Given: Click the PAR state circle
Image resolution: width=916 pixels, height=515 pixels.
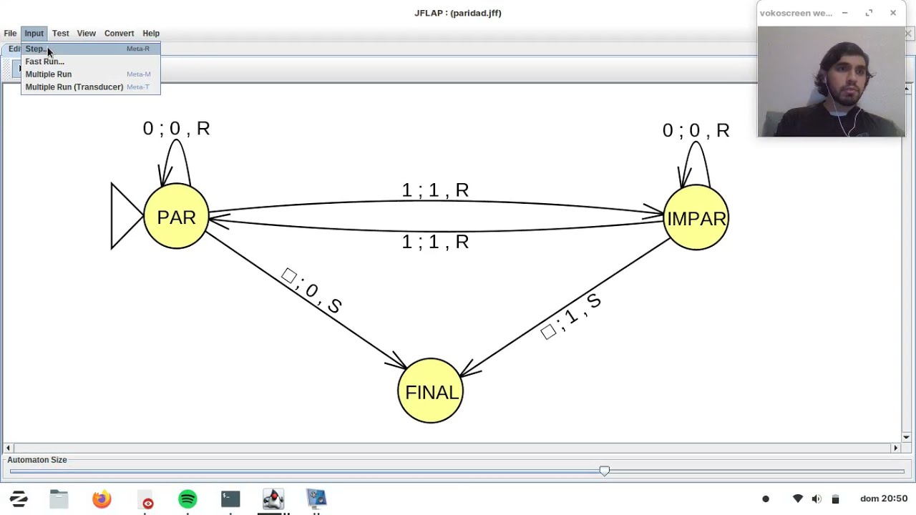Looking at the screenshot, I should point(176,217).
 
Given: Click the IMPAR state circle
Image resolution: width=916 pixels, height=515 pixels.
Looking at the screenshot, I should point(696,218).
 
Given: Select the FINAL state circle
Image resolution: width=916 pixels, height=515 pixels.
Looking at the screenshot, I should point(430,391).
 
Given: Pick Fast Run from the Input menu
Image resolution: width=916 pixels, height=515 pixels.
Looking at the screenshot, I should point(44,62).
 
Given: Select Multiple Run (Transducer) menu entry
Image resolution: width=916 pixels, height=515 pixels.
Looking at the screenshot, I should point(74,87).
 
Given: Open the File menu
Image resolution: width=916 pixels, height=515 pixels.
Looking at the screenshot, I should point(10,34).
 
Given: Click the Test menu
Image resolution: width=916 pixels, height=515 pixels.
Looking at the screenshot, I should point(60,34).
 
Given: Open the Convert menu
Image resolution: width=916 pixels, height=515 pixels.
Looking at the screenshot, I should point(119,34).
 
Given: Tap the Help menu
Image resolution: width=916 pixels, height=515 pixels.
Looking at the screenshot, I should point(150,34).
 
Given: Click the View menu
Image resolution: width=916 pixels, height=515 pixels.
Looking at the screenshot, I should point(86,34).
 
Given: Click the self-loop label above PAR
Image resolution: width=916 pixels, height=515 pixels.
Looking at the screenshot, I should point(176,129).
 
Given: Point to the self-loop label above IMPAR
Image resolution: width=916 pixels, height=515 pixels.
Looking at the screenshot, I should point(696,131).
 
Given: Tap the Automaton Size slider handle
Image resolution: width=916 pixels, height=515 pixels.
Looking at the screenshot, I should point(605,471).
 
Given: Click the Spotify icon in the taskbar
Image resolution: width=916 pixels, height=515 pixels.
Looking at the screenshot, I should point(187,499).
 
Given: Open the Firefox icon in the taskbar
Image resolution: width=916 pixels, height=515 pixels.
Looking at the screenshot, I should point(102,499).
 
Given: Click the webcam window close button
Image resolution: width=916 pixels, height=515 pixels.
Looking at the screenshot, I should point(893,13).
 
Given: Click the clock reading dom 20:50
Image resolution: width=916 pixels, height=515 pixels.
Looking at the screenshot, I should point(884,499).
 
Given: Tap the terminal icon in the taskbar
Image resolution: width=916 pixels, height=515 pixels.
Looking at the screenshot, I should point(230,499).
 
